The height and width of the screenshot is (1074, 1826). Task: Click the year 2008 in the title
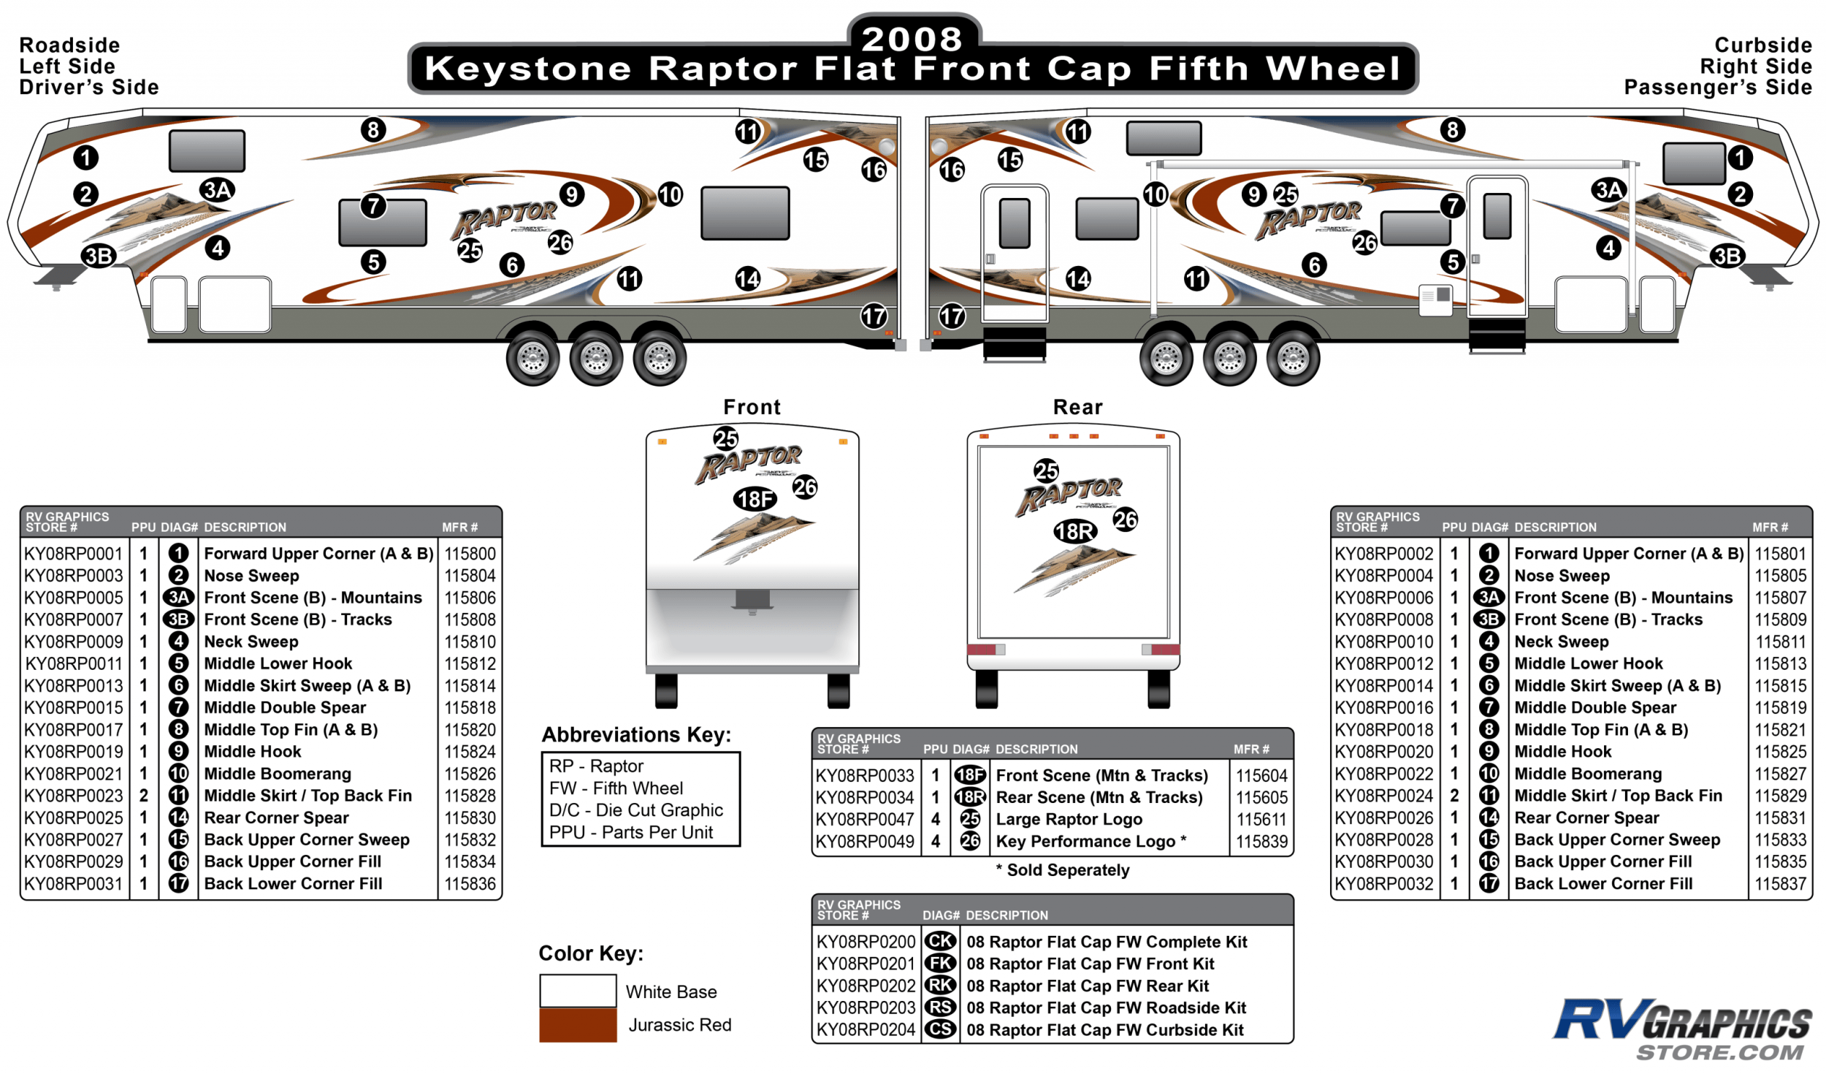912,38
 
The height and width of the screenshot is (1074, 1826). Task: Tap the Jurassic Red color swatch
578,1024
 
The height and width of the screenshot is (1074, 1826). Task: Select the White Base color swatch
578,991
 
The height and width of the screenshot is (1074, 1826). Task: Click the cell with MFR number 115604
1261,775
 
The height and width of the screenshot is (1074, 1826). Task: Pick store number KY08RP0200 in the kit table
866,942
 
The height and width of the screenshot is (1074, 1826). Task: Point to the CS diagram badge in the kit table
940,1029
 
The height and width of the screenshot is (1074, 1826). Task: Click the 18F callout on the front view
755,499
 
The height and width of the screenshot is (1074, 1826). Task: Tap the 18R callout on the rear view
1074,531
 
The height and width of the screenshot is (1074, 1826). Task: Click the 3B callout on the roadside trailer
99,256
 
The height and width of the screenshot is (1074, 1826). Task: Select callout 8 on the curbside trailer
1452,130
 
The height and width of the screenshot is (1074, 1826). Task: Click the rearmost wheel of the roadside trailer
660,358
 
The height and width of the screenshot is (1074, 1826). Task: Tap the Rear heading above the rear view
1077,407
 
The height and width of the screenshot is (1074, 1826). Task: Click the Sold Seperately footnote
1063,869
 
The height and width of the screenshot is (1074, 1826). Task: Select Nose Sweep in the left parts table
251,576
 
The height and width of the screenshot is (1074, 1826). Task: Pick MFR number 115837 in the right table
1780,883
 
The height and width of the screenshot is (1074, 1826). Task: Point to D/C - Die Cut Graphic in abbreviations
635,810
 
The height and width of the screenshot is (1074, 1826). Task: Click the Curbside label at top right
1762,45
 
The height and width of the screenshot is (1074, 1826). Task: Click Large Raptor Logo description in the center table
1069,819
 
